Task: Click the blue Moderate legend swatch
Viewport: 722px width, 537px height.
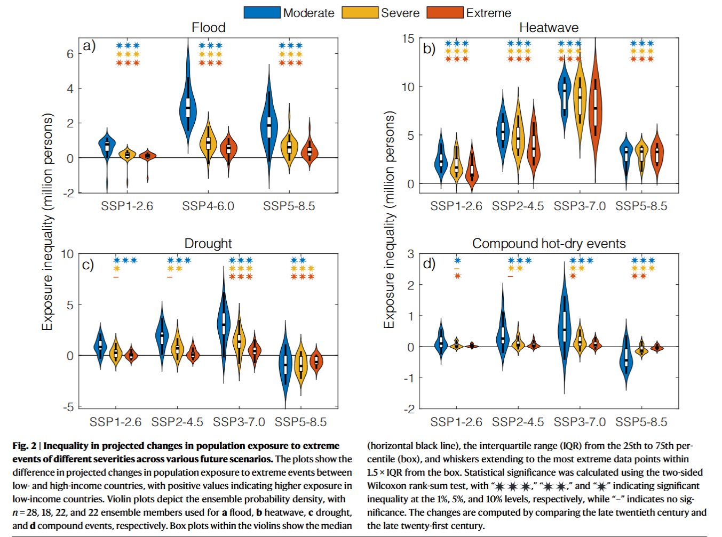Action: [x=262, y=12]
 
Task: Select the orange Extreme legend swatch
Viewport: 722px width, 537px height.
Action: [x=445, y=12]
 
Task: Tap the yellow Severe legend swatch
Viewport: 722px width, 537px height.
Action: [x=360, y=12]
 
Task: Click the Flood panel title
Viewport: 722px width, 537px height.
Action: [x=209, y=28]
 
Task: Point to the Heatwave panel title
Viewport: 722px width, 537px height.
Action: [x=549, y=28]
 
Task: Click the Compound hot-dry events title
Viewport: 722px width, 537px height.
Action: [x=549, y=244]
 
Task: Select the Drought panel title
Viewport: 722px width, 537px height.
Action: [x=208, y=244]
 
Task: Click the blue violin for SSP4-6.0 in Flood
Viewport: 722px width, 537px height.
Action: [x=188, y=107]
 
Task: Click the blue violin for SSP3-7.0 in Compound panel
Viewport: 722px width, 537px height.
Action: [x=564, y=325]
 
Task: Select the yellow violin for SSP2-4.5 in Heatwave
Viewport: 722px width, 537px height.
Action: [x=518, y=136]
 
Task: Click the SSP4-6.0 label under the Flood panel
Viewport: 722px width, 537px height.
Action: [x=208, y=206]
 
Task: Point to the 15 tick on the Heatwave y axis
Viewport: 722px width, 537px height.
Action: [x=408, y=38]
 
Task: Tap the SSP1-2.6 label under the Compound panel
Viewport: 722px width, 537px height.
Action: [x=456, y=422]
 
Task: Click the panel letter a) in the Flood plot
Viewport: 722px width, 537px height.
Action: [x=89, y=46]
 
